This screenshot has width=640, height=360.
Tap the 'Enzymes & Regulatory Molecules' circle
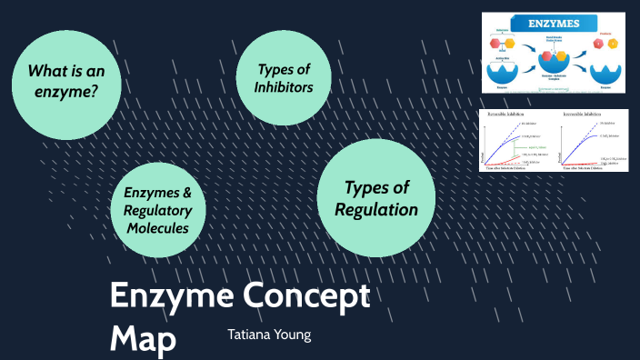click(157, 209)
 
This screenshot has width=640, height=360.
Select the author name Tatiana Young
click(269, 335)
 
